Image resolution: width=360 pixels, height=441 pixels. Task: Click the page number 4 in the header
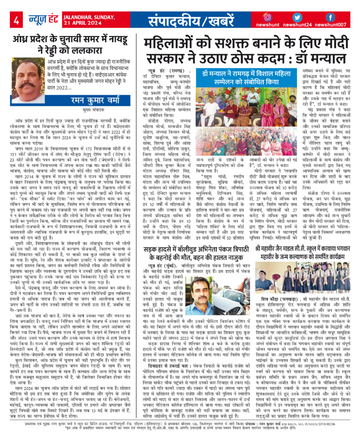coord(16,20)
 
